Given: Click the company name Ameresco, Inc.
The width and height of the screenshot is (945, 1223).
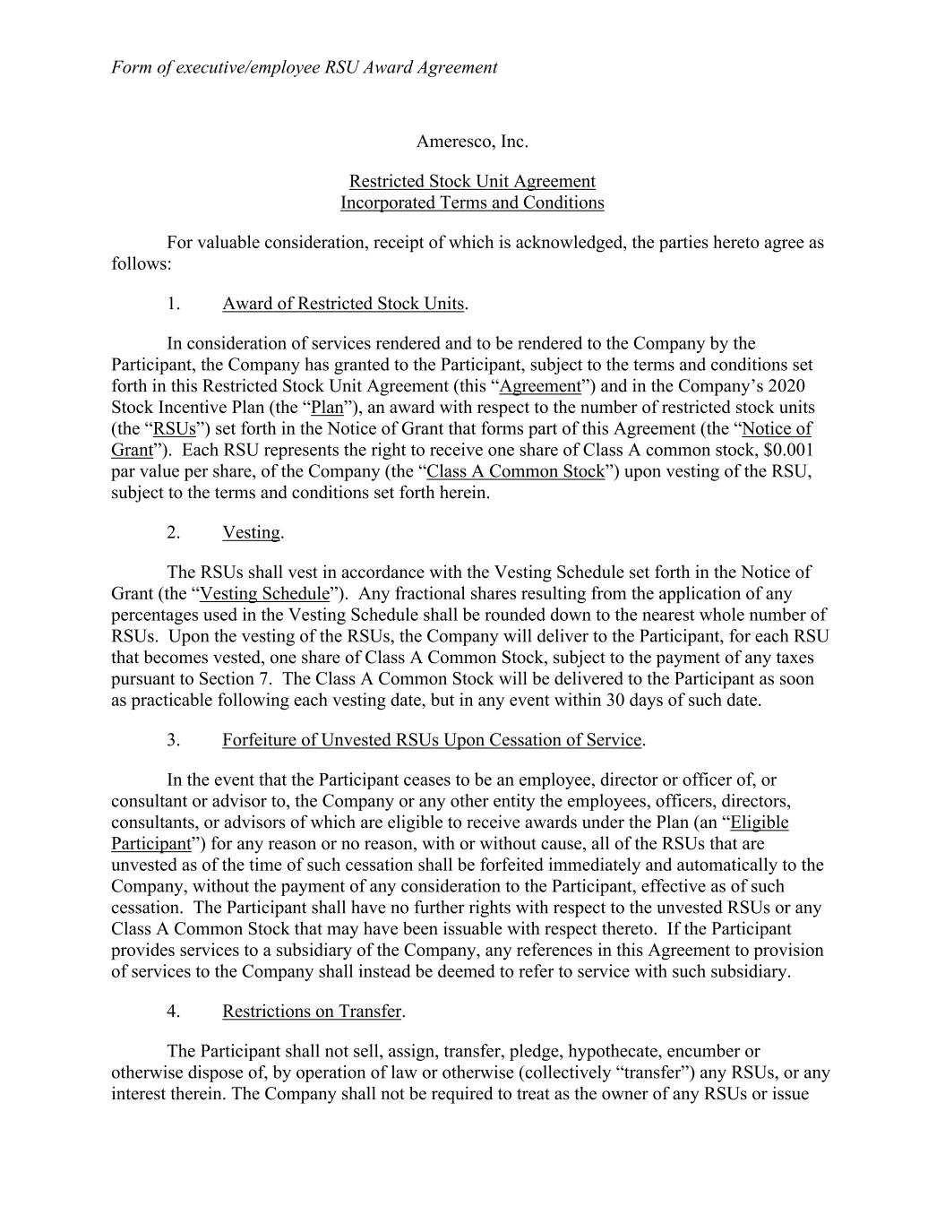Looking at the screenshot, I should tap(472, 142).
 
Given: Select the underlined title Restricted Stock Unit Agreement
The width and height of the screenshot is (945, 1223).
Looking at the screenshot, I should tap(472, 182).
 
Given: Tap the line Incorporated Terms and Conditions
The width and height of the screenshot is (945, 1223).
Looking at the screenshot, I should tap(472, 202).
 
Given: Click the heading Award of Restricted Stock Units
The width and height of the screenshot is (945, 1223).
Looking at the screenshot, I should tap(343, 304).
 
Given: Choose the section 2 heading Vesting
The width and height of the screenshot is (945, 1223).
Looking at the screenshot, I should tap(251, 532).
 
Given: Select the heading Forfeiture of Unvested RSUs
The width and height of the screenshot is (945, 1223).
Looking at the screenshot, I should tap(432, 740).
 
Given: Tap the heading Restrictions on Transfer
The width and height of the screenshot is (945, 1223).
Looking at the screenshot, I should tap(312, 1012).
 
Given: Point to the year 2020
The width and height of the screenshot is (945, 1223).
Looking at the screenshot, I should tap(787, 386).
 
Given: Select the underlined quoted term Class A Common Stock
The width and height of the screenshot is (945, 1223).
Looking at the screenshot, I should tap(516, 471).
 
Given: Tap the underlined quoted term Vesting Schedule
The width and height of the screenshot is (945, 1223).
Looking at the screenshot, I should tap(264, 593).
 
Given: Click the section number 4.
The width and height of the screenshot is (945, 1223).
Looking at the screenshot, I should tap(174, 1012).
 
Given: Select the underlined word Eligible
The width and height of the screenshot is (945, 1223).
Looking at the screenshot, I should tap(760, 823).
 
